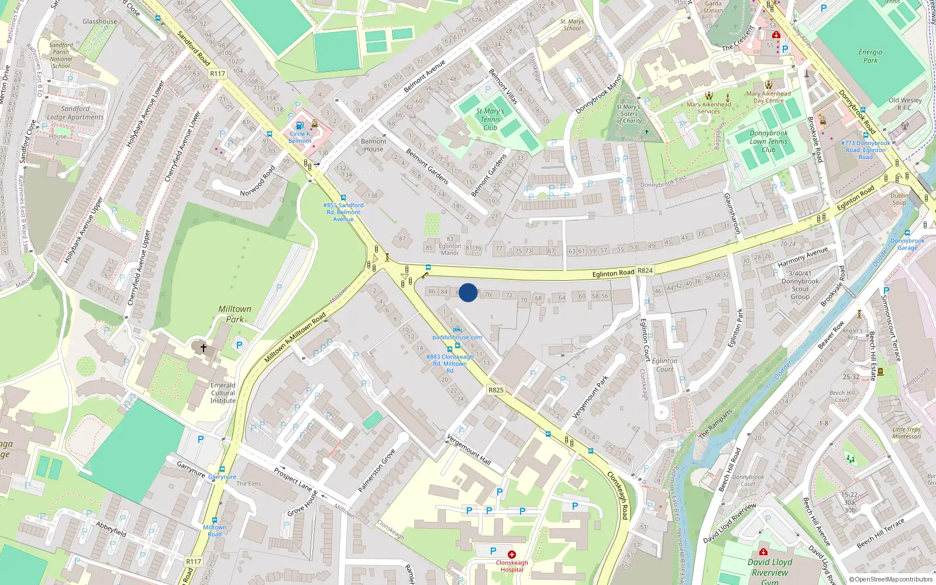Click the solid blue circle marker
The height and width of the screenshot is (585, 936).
(468, 292)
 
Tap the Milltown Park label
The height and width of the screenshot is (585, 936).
(235, 314)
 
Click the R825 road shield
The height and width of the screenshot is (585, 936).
(495, 390)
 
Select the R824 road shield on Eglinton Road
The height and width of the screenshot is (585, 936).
(645, 271)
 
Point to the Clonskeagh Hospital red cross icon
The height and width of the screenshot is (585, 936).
(512, 554)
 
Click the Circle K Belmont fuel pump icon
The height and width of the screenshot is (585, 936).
(300, 125)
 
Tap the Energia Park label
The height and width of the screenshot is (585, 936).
(870, 56)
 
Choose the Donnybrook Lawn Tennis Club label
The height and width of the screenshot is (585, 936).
(769, 141)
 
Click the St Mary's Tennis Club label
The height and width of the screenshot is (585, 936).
(490, 119)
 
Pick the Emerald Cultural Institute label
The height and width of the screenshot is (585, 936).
(223, 393)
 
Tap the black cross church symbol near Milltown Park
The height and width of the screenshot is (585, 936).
(204, 347)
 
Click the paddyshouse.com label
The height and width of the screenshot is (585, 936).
(457, 337)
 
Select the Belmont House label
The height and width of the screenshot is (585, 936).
(374, 145)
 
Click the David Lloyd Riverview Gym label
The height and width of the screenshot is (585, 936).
(770, 571)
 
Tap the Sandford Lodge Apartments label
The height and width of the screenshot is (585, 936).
(75, 113)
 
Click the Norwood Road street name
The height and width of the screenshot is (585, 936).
(257, 181)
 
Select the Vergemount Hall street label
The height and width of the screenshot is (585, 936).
(469, 450)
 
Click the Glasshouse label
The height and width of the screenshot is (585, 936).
(99, 22)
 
